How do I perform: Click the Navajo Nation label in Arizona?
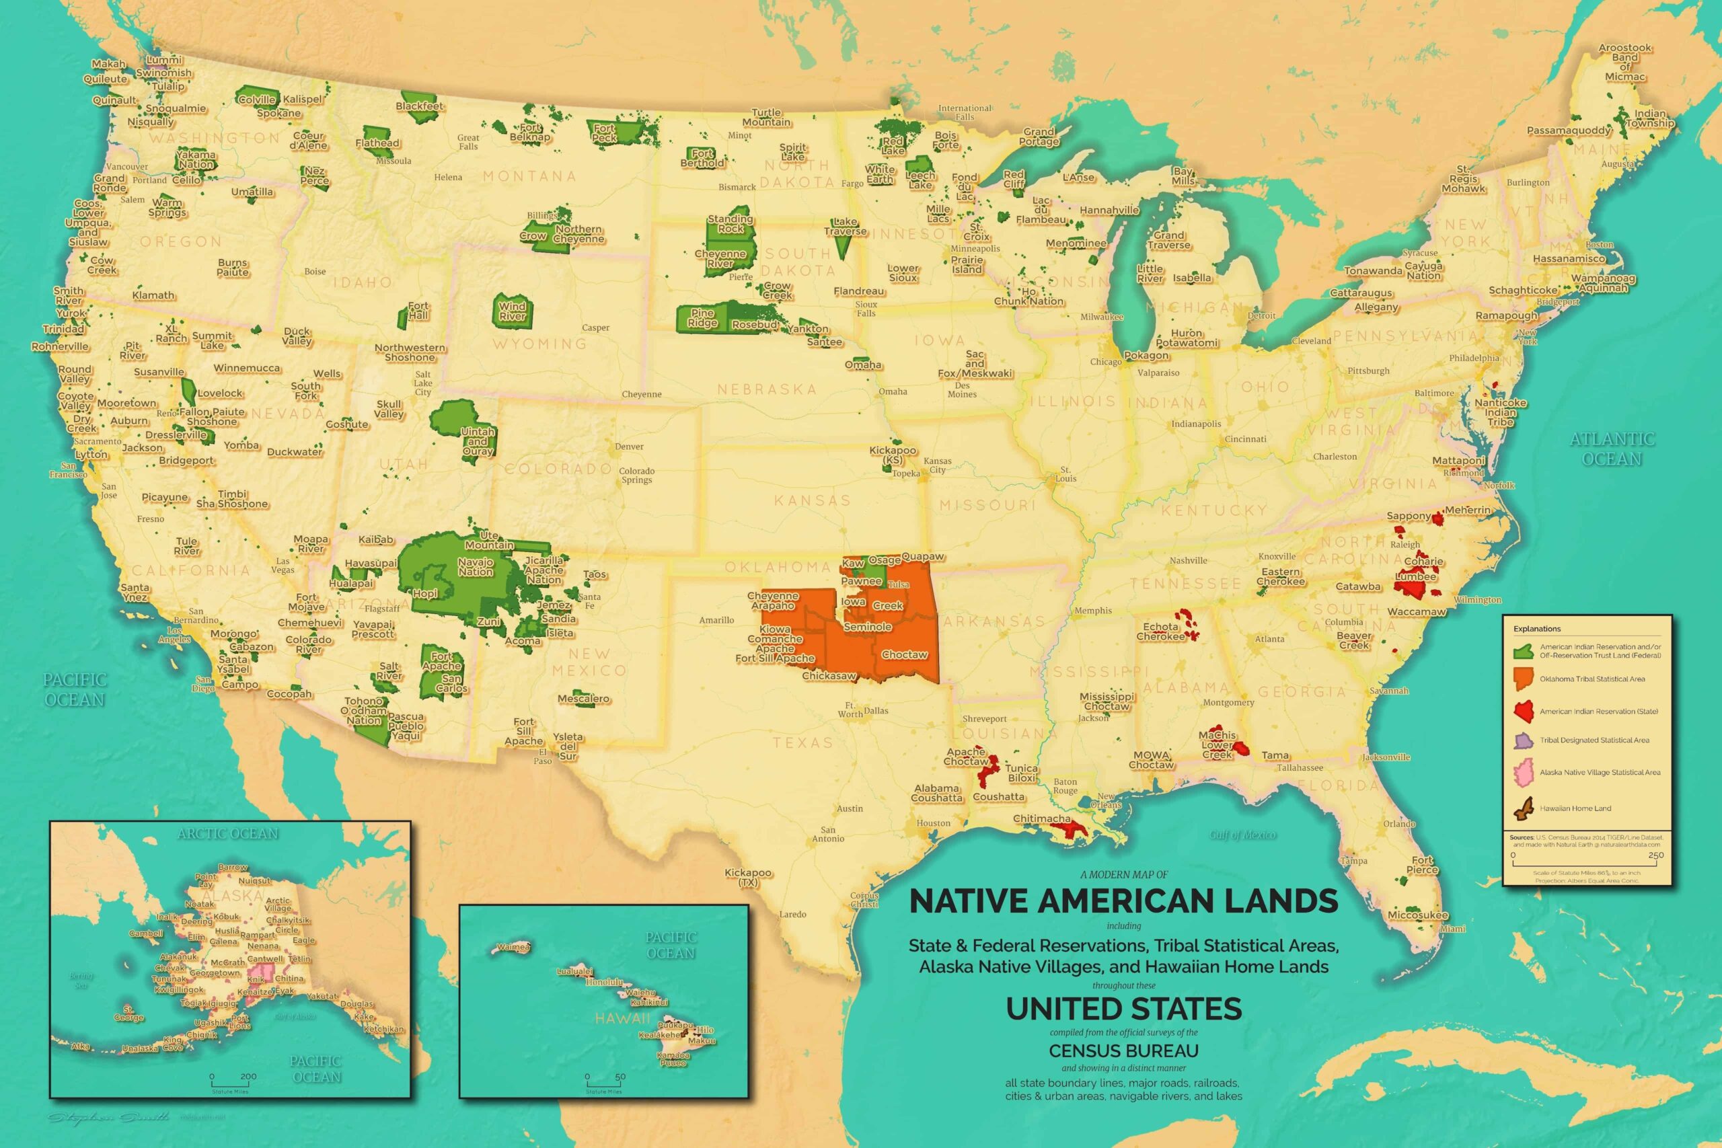(476, 567)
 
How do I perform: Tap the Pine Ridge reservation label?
(703, 317)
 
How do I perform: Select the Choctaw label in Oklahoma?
(904, 654)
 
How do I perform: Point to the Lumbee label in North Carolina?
(1415, 576)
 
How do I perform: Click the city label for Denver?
(629, 447)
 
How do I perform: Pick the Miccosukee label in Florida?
(1418, 915)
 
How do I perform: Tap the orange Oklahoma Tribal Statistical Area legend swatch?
(1525, 679)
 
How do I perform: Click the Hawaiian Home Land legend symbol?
(1525, 808)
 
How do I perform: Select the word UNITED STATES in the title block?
(1124, 1009)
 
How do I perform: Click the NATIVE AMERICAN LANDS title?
(1124, 901)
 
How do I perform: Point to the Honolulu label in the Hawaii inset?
(604, 982)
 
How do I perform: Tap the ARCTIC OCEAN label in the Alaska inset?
(228, 833)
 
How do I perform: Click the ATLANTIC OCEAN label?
(1612, 449)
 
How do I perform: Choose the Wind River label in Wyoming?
(513, 311)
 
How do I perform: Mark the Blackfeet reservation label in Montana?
(420, 106)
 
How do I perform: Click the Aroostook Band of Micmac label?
(1625, 63)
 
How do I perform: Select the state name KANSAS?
(813, 501)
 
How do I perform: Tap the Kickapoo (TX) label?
(748, 877)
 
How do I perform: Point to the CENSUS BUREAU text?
(1124, 1050)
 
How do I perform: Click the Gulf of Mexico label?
(1242, 835)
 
